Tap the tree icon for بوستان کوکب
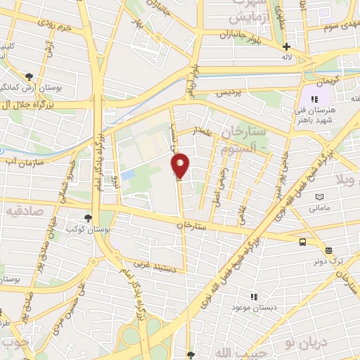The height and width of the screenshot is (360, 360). (88, 219)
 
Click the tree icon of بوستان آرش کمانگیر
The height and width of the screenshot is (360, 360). (29, 76)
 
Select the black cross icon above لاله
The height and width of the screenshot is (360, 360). (286, 46)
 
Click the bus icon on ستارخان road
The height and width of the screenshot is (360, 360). (302, 242)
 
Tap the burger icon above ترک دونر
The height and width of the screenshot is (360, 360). (328, 250)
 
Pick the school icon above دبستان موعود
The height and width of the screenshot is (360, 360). (254, 297)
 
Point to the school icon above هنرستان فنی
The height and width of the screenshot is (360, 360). (314, 100)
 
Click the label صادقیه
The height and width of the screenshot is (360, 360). (21, 210)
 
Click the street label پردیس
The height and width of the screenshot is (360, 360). (227, 93)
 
